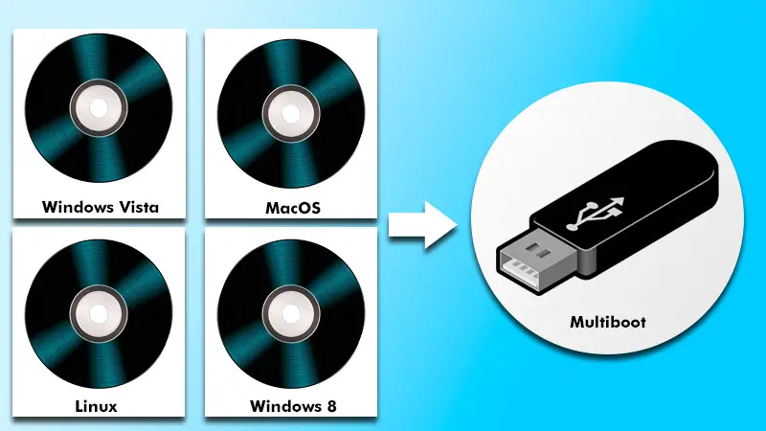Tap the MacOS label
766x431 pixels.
click(291, 207)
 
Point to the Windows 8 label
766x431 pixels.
click(291, 406)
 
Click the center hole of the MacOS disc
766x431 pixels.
click(291, 108)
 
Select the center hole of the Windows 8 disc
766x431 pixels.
click(291, 308)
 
